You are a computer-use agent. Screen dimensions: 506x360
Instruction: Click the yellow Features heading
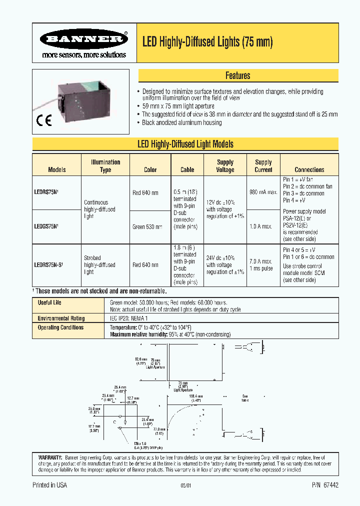pyautogui.click(x=237, y=75)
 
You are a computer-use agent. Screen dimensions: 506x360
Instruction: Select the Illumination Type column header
pyautogui.click(x=105, y=165)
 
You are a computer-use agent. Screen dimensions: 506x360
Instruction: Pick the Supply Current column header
pyautogui.click(x=263, y=165)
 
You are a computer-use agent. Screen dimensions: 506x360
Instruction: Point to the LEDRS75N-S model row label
pyautogui.click(x=49, y=265)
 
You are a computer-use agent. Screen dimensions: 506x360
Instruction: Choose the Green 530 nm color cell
pyautogui.click(x=147, y=226)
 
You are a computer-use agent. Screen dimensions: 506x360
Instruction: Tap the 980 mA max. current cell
pyautogui.click(x=263, y=192)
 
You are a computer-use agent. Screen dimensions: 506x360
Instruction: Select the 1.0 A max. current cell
pyautogui.click(x=262, y=226)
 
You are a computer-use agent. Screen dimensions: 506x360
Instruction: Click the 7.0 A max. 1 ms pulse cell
pyautogui.click(x=260, y=265)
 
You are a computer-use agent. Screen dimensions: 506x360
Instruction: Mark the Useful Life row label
pyautogui.click(x=49, y=302)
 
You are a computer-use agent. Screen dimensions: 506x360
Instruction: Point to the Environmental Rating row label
pyautogui.click(x=61, y=318)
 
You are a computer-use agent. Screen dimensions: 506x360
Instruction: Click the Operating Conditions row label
pyautogui.click(x=60, y=327)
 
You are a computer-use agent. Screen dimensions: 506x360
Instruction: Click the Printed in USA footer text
pyautogui.click(x=49, y=485)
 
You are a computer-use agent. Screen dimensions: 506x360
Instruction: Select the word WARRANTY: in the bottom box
pyautogui.click(x=50, y=457)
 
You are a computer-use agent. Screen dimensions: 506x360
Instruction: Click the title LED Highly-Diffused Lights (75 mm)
pyautogui.click(x=207, y=42)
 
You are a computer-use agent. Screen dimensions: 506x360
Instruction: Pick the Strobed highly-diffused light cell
pyautogui.click(x=99, y=265)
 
